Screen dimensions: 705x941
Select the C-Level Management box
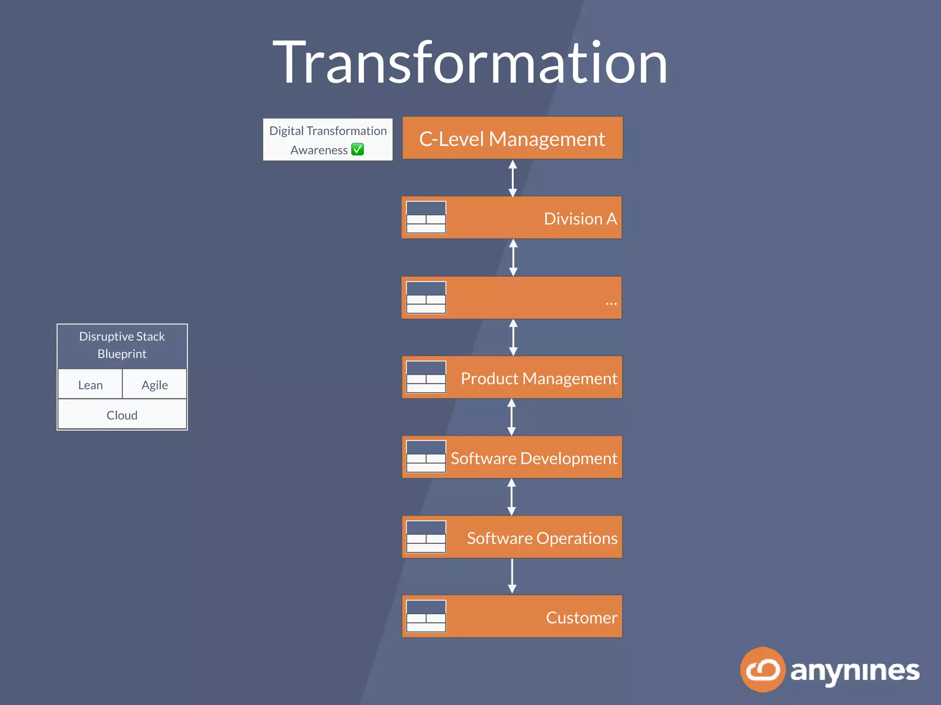tap(512, 138)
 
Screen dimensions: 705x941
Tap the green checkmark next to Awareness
tap(357, 150)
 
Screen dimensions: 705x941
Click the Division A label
tap(580, 218)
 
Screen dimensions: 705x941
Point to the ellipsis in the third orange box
tap(611, 303)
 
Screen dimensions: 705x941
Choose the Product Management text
tap(539, 378)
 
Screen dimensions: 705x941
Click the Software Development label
tap(533, 458)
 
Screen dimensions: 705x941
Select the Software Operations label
tap(542, 538)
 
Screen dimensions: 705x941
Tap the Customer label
tap(581, 617)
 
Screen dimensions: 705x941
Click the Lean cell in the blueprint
tap(90, 385)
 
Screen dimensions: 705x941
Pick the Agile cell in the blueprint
tap(154, 385)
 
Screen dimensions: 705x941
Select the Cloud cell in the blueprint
tap(122, 415)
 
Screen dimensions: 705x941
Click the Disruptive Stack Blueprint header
tap(122, 345)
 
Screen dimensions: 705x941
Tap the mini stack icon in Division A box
tap(426, 217)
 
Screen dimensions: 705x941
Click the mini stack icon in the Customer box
tap(426, 616)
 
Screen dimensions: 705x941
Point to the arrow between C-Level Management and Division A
tap(513, 178)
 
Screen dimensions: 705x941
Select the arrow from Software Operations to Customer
tap(512, 576)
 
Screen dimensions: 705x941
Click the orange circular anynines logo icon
tap(762, 670)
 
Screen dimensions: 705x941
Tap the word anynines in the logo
tap(855, 671)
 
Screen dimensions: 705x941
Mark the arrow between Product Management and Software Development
tap(511, 417)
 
